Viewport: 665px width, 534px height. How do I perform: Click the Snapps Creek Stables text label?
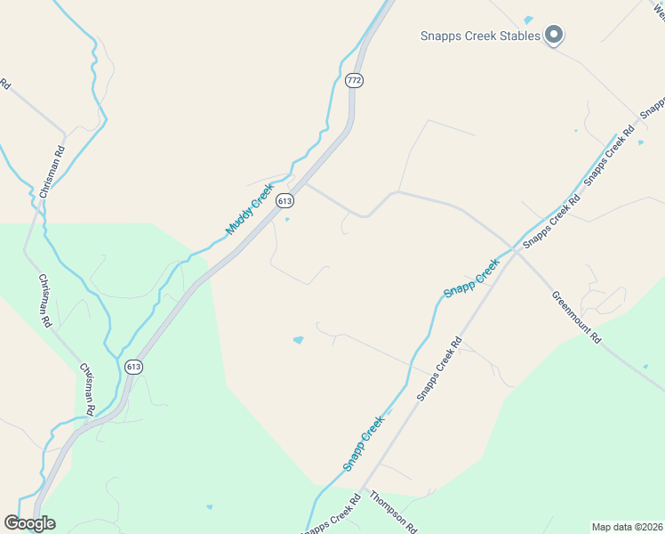[x=480, y=36]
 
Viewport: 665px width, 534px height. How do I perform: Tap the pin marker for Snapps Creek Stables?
[x=554, y=36]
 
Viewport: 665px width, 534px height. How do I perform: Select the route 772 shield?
[x=354, y=80]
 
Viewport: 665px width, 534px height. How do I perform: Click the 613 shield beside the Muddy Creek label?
[x=284, y=201]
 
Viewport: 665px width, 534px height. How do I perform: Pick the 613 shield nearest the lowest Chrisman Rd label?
[x=133, y=367]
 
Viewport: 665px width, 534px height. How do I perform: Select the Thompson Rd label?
[x=393, y=512]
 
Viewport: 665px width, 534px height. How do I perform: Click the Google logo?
[x=29, y=523]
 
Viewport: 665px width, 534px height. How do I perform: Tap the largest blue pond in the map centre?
[x=298, y=340]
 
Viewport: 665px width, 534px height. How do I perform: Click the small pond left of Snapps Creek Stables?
[x=528, y=20]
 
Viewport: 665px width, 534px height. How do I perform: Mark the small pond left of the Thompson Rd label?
[x=210, y=507]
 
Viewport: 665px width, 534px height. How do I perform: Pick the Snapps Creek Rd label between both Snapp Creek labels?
[x=439, y=368]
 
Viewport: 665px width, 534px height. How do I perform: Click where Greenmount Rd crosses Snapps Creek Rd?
[x=516, y=251]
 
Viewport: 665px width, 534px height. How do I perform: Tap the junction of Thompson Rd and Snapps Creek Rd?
[x=364, y=489]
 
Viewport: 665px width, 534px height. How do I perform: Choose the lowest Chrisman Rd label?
[x=86, y=389]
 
